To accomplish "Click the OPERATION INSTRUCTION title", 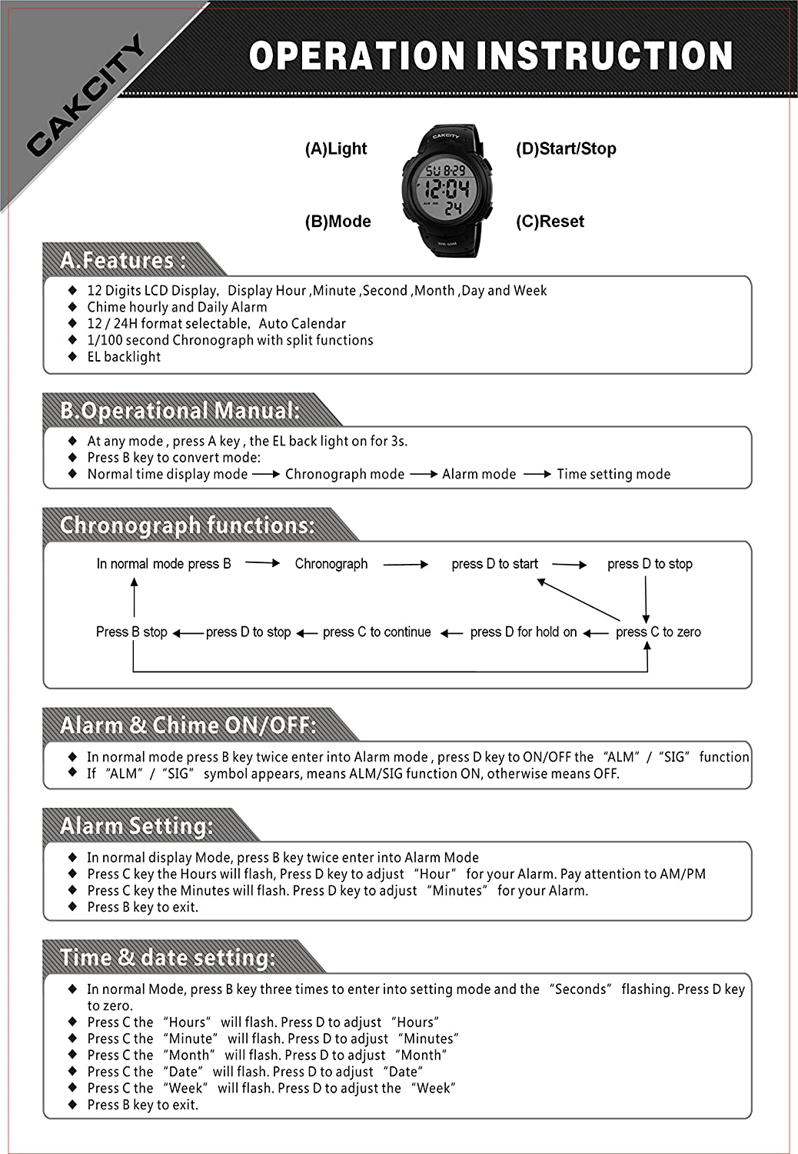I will (490, 56).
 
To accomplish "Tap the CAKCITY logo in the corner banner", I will (86, 95).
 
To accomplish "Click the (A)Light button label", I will (336, 149).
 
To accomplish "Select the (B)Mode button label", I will (337, 222).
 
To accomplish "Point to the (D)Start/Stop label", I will (566, 149).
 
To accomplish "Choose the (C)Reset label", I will (550, 222).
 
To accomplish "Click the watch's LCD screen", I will (446, 188).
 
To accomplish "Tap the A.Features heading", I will (123, 261).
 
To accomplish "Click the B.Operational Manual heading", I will (180, 411).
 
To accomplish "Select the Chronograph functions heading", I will (188, 525).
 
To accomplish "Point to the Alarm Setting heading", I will (137, 826).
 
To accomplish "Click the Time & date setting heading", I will (168, 958).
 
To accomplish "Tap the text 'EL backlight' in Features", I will (124, 357).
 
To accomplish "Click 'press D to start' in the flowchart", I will (494, 564).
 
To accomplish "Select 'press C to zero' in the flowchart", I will (658, 632).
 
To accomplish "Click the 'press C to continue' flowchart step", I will (377, 632).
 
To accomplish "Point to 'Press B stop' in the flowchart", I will (131, 632).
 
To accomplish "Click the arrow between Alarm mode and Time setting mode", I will (537, 475).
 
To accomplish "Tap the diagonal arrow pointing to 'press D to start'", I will (578, 599).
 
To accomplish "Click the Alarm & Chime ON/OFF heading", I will (188, 725).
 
